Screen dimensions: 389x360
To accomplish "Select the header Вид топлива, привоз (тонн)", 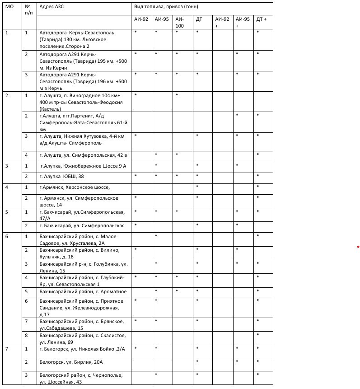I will click(x=166, y=7).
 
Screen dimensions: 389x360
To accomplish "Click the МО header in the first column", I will click(x=9, y=7).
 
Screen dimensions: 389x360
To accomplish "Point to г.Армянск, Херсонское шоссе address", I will click(x=75, y=187).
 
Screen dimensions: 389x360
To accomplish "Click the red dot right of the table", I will click(x=358, y=247).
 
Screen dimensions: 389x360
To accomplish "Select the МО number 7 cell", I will click(x=6, y=349).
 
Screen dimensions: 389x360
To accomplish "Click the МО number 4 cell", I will click(x=6, y=187).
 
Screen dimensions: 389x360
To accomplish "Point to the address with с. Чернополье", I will click(x=79, y=378).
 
